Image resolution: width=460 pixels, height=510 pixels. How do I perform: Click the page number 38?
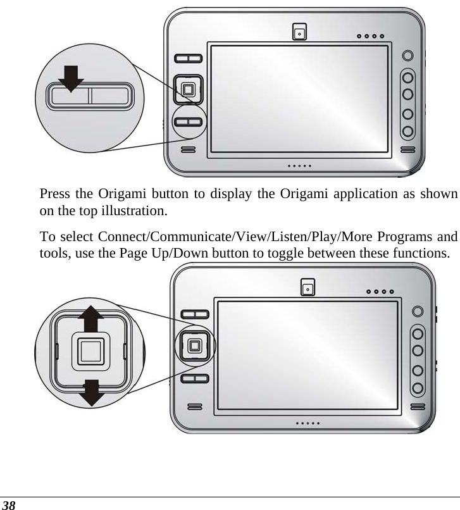[x=9, y=504]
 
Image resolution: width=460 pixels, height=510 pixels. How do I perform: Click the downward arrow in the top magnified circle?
[x=70, y=79]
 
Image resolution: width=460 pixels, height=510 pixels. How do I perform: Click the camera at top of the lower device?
[x=308, y=288]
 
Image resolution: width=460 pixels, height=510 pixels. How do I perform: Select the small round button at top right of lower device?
[x=418, y=311]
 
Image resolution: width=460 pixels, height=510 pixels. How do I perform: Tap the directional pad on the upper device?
[x=188, y=89]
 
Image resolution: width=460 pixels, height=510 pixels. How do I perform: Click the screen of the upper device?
[x=301, y=98]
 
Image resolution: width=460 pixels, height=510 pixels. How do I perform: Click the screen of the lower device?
[x=309, y=358]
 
